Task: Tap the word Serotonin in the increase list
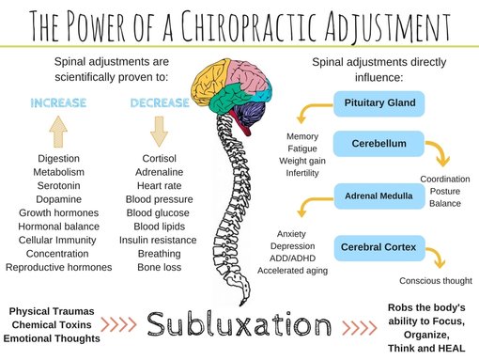click(x=58, y=186)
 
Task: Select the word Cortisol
click(x=159, y=159)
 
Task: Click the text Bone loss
click(x=159, y=267)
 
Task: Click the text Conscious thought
click(x=435, y=280)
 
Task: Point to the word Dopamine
click(x=58, y=199)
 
